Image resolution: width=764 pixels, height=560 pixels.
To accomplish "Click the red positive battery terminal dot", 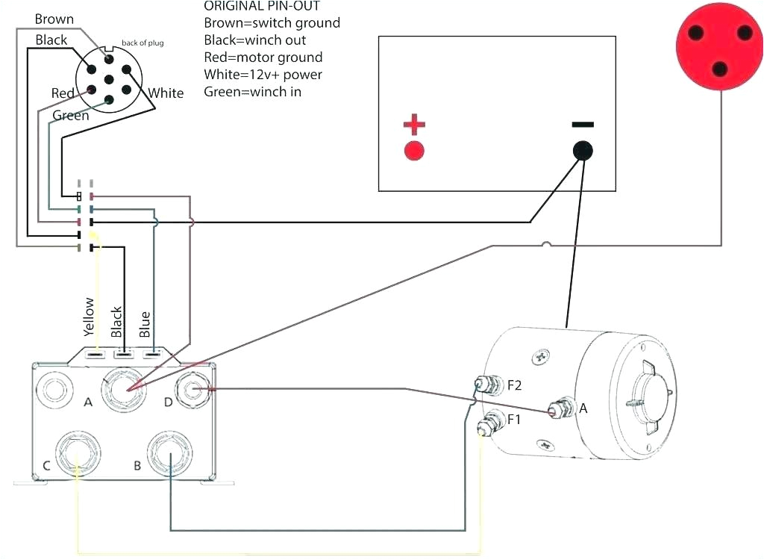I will (414, 151).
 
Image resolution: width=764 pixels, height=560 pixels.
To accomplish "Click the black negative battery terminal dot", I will (583, 151).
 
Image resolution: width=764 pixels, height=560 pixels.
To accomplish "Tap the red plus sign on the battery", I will (414, 124).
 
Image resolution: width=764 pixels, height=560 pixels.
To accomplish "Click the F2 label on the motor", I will (515, 386).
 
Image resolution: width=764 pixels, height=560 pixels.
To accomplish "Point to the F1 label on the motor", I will (514, 420).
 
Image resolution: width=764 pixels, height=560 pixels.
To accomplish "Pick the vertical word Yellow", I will (90, 317).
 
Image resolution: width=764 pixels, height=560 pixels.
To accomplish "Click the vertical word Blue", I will (145, 323).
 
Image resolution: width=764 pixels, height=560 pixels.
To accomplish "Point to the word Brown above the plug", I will (54, 19).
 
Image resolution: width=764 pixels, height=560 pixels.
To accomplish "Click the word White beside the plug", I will (166, 93).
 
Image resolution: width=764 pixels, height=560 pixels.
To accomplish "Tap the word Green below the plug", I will (71, 116).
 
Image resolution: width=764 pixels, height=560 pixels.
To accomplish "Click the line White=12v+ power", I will (263, 75).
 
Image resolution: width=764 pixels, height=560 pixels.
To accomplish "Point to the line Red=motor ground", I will (263, 57).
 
